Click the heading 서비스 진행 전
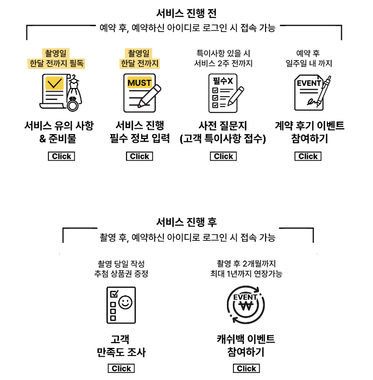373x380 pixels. [x=186, y=14]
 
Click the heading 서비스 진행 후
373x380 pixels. [x=186, y=222]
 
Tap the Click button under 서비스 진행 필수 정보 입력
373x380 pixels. [x=140, y=156]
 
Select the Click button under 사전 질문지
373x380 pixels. [x=223, y=156]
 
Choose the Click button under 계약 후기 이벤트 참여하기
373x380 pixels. [x=308, y=156]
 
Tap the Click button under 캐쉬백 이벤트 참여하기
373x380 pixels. [x=246, y=369]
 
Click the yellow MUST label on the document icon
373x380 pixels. [x=140, y=83]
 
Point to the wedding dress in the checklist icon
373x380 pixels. [x=74, y=90]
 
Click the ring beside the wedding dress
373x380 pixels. [x=73, y=104]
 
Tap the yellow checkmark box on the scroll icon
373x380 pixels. [x=54, y=84]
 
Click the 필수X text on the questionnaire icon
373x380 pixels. [x=223, y=81]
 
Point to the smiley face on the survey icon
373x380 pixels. [x=125, y=302]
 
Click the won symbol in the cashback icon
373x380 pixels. [x=245, y=306]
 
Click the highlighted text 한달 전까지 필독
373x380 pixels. [x=56, y=64]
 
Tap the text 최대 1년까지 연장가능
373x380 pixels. [x=246, y=274]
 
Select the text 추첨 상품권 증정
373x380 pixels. [x=121, y=274]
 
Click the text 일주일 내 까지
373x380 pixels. [x=309, y=64]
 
